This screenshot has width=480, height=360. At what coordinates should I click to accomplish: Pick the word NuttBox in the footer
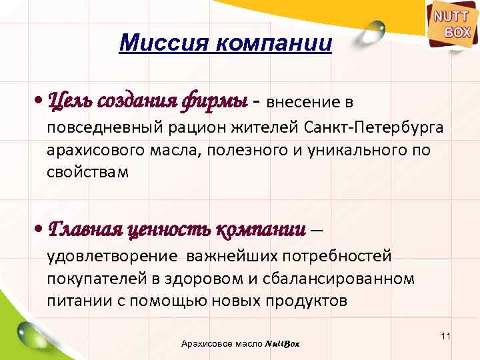(282, 343)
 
